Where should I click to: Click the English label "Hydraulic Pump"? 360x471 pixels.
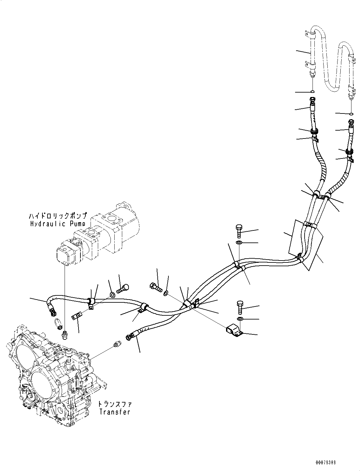point(57,224)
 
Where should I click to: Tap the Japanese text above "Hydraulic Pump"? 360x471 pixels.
point(57,216)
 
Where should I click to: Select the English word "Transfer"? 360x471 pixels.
point(114,412)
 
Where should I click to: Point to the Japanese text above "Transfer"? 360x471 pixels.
point(114,404)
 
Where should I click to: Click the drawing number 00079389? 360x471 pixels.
point(325,463)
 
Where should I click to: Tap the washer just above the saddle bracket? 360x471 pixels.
point(240,318)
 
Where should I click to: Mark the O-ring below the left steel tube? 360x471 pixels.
point(312,92)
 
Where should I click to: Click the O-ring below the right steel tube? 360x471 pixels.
point(351,113)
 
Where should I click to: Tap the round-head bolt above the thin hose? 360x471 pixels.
point(123,289)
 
